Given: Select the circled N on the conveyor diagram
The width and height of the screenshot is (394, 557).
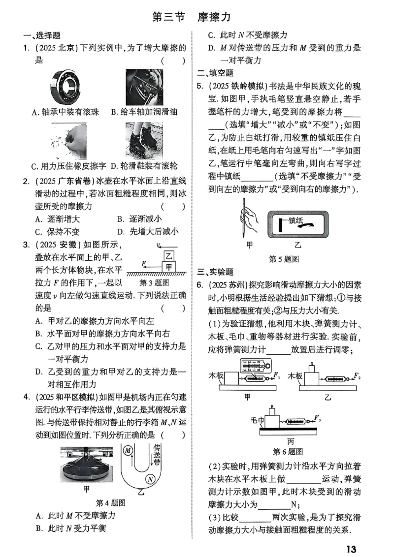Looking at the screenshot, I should tap(150, 479).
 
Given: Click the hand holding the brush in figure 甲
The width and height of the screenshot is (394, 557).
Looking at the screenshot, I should tap(251, 217).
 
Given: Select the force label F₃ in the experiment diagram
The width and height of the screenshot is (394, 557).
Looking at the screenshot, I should tap(318, 420).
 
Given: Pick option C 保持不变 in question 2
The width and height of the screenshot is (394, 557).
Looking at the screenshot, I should tap(57, 231).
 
